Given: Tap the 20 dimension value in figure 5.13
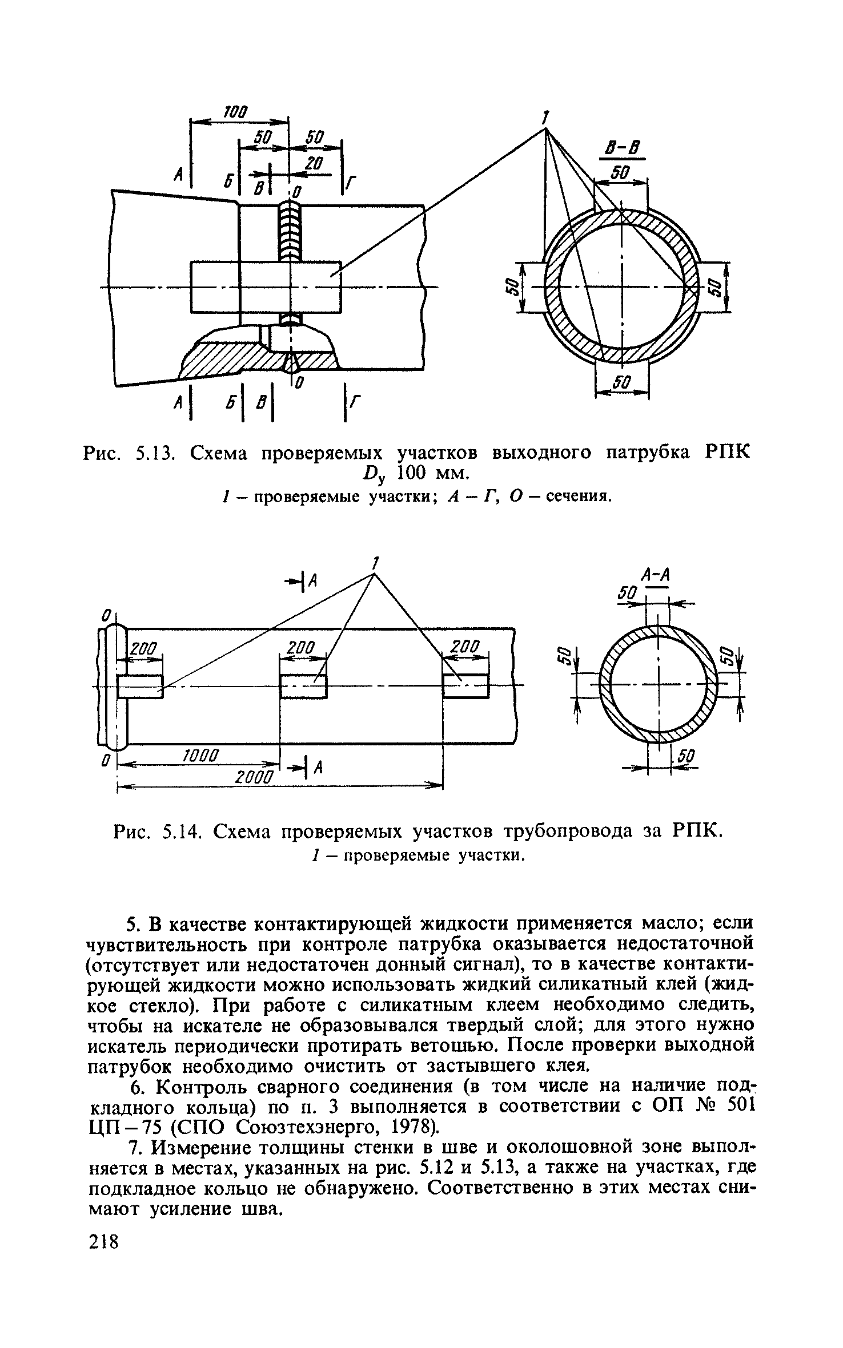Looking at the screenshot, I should click(314, 164).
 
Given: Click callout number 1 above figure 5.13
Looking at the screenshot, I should click(545, 119).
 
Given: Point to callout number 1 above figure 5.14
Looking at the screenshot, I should click(375, 563).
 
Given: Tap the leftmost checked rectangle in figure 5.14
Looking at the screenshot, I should click(140, 686).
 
